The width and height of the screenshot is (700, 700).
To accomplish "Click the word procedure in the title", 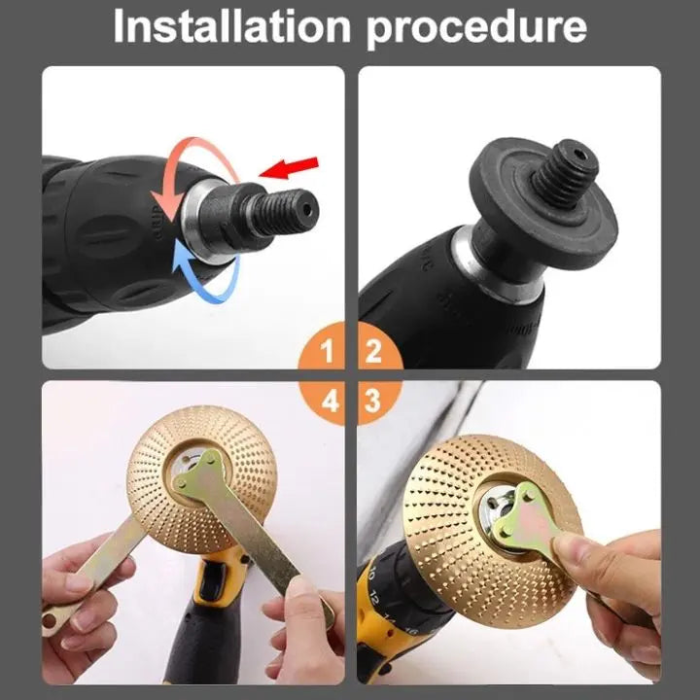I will click(x=476, y=28).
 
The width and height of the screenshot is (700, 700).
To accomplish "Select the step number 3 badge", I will click(x=372, y=400).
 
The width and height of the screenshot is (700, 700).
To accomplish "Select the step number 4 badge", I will click(x=329, y=400).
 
